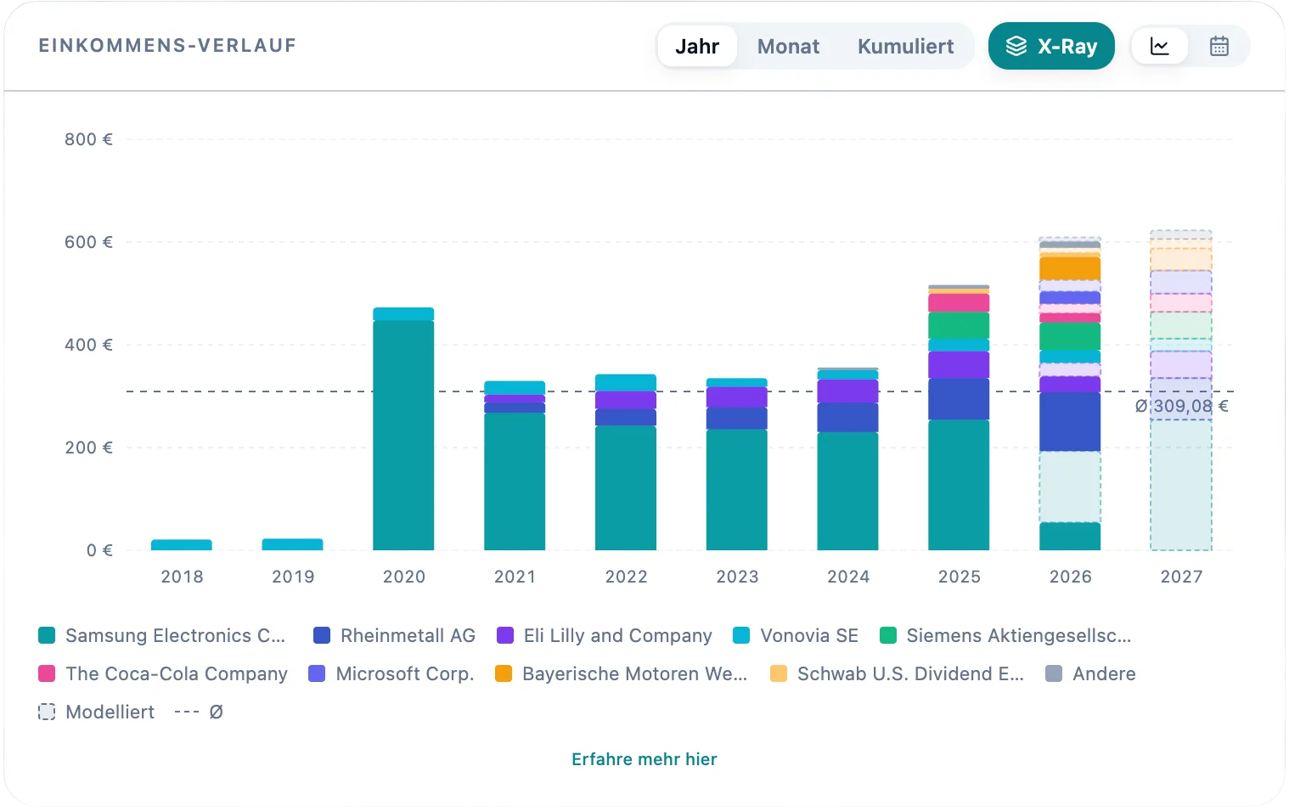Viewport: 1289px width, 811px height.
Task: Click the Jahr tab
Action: click(x=697, y=46)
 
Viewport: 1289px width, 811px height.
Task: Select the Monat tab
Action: click(x=788, y=46)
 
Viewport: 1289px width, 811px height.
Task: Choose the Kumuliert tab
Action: click(x=905, y=46)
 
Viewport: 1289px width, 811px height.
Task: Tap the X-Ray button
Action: click(x=1051, y=46)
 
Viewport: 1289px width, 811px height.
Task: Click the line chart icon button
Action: click(x=1160, y=46)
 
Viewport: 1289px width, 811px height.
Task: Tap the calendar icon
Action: click(x=1219, y=46)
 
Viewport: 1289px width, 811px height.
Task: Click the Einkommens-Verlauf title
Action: click(x=167, y=46)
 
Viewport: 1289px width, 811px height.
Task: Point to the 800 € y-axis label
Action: click(x=88, y=139)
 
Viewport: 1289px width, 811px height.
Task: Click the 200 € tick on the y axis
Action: click(x=88, y=448)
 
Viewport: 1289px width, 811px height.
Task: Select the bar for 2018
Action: click(x=181, y=544)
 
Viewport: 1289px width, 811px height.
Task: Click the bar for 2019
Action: click(x=292, y=544)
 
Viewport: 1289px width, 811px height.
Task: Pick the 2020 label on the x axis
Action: click(x=404, y=576)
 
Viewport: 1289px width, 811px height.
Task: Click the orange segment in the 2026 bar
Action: click(x=1070, y=268)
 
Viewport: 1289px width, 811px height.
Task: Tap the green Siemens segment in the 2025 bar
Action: click(x=959, y=325)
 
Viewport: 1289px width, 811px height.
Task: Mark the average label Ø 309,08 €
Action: click(x=1181, y=406)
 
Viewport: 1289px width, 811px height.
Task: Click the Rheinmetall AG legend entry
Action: click(x=394, y=635)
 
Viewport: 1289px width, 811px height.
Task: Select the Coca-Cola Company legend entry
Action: click(x=163, y=673)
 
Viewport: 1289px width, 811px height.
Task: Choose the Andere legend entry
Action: click(x=1090, y=673)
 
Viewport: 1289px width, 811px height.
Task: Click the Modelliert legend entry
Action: click(x=96, y=712)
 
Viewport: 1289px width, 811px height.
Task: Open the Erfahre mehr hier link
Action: click(x=644, y=759)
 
